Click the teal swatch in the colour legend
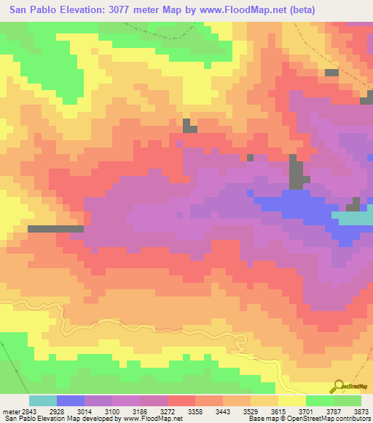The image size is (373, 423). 43,400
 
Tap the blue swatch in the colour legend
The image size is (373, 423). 71,400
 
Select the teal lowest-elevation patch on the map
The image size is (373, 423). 353,218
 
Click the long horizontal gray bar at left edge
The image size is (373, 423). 55,228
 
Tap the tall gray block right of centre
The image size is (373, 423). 296,173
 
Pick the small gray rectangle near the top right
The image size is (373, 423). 331,73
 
